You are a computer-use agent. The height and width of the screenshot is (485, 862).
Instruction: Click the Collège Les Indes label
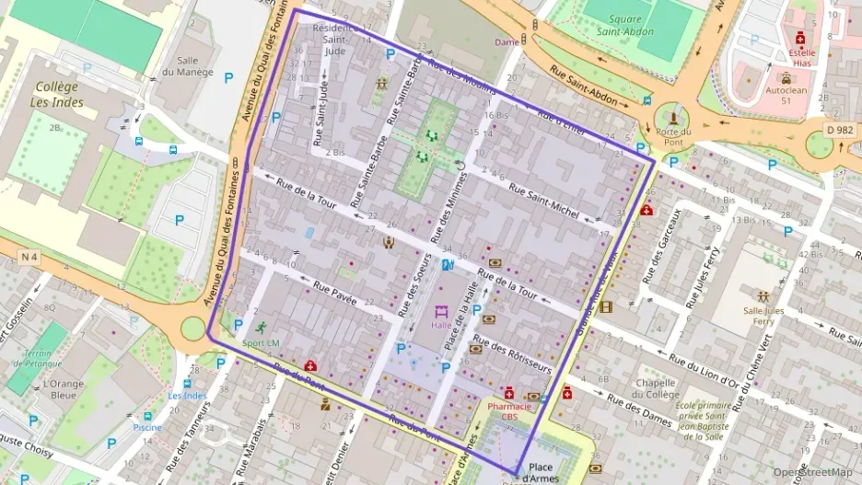58,94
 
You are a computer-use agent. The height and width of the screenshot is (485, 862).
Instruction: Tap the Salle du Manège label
187,65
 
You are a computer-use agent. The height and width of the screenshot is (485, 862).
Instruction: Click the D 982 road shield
840,131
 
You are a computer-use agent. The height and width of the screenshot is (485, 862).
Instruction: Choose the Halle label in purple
442,325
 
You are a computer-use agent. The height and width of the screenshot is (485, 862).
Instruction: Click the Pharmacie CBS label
510,410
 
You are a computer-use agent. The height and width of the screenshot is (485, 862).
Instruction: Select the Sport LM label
261,343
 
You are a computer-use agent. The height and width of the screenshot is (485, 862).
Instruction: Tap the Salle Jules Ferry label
764,315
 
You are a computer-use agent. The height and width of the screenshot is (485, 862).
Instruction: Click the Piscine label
147,428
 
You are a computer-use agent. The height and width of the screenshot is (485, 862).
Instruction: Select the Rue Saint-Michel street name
543,202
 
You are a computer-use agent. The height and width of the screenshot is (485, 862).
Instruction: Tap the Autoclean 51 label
786,96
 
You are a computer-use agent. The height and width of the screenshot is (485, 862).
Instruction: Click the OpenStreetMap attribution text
812,472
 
